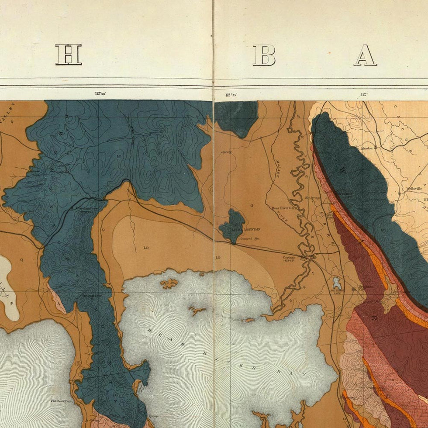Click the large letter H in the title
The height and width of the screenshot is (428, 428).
pos(69,55)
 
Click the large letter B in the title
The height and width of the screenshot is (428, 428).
pos(264,55)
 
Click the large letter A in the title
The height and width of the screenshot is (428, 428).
pos(365,55)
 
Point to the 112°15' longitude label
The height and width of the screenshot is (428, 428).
pos(231,94)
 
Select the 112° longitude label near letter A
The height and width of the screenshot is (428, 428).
pos(364,94)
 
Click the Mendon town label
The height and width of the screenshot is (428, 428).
pos(366,148)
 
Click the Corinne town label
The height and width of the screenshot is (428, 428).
pos(290,258)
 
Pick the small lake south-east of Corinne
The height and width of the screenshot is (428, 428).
pos(336,283)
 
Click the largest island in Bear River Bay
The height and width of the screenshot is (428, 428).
pos(169,283)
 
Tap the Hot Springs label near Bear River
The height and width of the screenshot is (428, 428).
pos(313,198)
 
